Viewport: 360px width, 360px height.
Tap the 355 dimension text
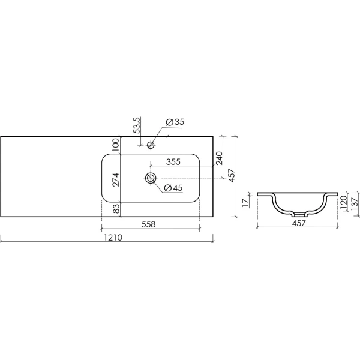(x=173, y=161)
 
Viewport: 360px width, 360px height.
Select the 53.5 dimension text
(x=137, y=125)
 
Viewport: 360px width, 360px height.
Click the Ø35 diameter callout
(x=174, y=122)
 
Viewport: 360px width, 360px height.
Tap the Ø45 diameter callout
(x=173, y=188)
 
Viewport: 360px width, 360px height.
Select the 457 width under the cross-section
(x=298, y=223)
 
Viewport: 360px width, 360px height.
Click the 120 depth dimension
(x=344, y=202)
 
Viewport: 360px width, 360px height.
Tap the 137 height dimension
(x=355, y=204)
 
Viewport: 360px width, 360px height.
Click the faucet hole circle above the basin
(x=151, y=144)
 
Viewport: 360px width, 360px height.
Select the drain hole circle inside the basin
(x=151, y=178)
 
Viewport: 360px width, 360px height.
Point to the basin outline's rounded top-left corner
(x=106, y=157)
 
